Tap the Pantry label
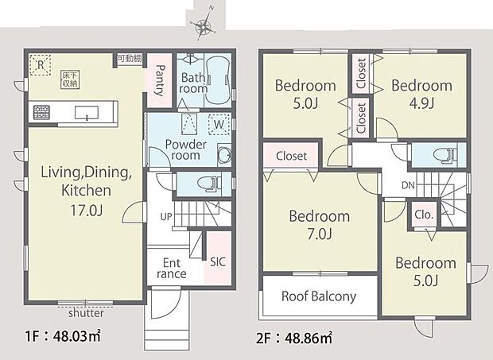point(159,80)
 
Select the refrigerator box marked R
point(37,65)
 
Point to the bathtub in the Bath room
point(218,77)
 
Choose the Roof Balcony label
point(319,296)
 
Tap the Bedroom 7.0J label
point(319,224)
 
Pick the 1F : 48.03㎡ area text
point(55,335)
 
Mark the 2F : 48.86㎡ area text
point(294,337)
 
